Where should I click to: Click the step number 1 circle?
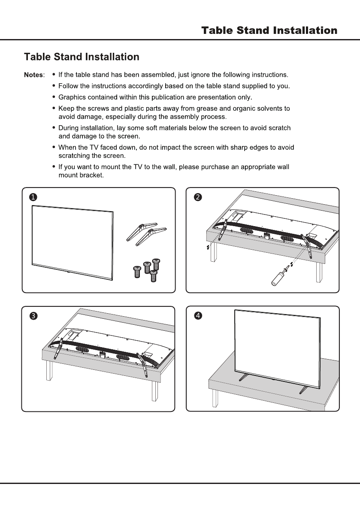[33, 197]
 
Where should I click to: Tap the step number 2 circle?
[197, 197]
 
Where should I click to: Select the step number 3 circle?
[33, 316]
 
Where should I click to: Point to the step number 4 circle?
[197, 316]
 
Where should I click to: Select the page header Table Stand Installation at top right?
[269, 31]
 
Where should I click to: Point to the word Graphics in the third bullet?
[71, 97]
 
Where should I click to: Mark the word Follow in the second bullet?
[67, 86]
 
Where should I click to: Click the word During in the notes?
[69, 128]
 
